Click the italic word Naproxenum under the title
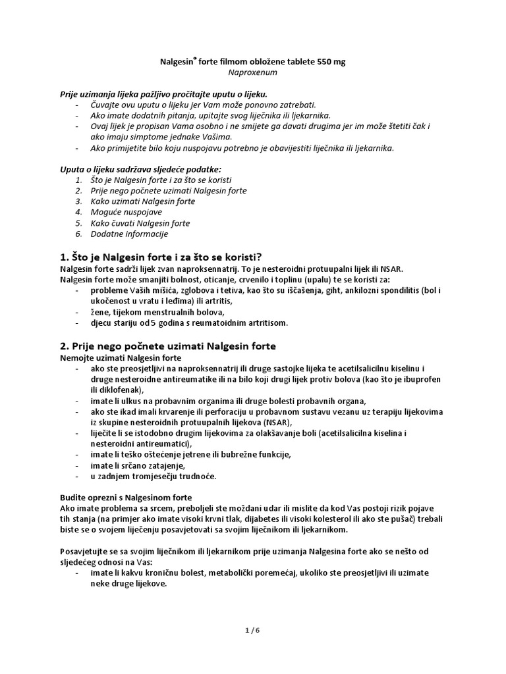click(x=253, y=74)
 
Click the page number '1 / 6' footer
click(x=252, y=630)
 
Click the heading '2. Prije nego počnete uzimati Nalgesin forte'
click(x=168, y=345)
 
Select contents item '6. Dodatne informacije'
click(x=130, y=234)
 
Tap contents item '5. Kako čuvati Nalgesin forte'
click(x=140, y=223)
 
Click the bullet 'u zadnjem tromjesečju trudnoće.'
click(x=153, y=476)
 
